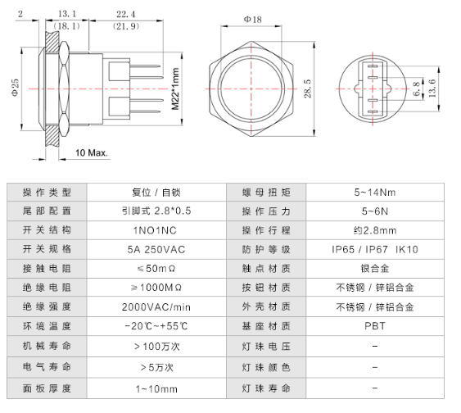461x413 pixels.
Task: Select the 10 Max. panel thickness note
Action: (x=93, y=153)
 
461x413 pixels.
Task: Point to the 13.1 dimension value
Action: (x=68, y=14)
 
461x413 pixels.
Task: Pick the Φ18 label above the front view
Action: (x=253, y=18)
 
